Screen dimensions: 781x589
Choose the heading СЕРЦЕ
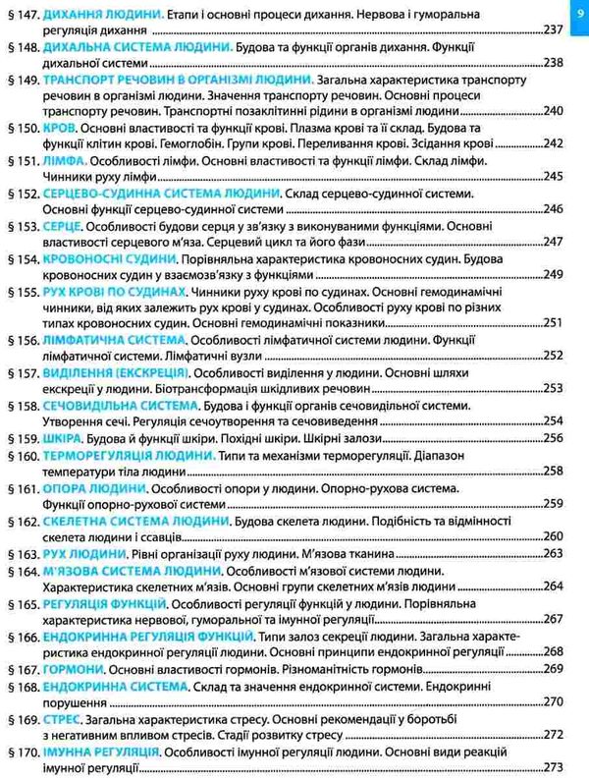tap(67, 225)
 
